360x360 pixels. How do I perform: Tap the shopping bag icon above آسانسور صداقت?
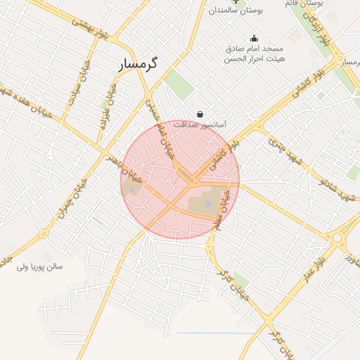pos(200,114)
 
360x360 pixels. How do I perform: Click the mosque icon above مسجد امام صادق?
pos(254,39)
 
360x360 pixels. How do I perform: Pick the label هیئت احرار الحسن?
pos(254,59)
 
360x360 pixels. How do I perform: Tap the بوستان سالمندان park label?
pos(236,11)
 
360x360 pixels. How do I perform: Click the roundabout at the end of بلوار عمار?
pos(338,238)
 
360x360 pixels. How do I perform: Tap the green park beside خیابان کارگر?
pos(242,280)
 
